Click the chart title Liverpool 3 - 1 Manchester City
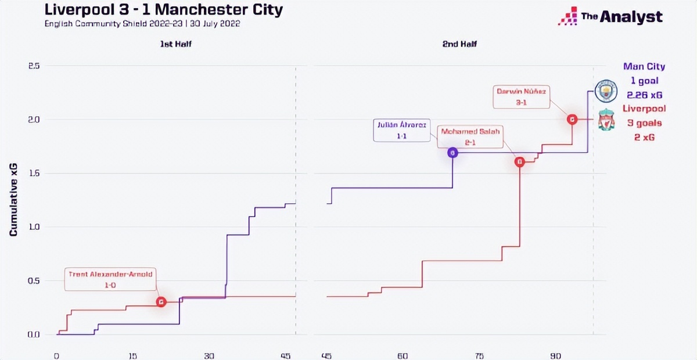pyautogui.click(x=163, y=10)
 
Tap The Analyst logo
pyautogui.click(x=610, y=17)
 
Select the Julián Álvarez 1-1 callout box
pyautogui.click(x=401, y=129)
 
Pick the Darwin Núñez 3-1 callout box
pyautogui.click(x=522, y=96)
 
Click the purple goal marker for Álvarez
pyautogui.click(x=452, y=153)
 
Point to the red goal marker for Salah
pyautogui.click(x=520, y=163)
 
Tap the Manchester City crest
pyautogui.click(x=606, y=91)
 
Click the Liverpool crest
pyautogui.click(x=606, y=119)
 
